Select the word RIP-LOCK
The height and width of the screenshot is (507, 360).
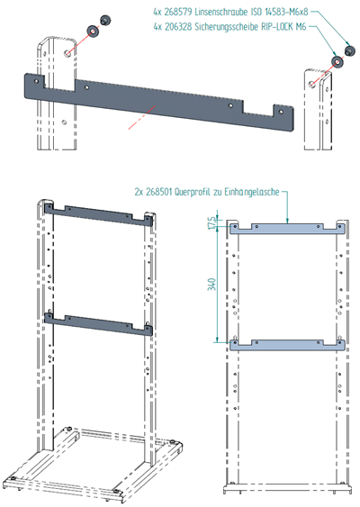pyautogui.click(x=277, y=27)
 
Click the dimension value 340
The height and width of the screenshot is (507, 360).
pyautogui.click(x=211, y=285)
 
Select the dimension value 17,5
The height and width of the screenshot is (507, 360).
pyautogui.click(x=212, y=223)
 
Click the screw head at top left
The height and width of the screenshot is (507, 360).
pyautogui.click(x=105, y=20)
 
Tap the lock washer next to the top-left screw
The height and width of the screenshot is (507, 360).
pyautogui.click(x=93, y=32)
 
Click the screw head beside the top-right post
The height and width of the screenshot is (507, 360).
pyautogui.click(x=350, y=50)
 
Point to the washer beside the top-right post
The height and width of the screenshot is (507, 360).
pyautogui.click(x=337, y=61)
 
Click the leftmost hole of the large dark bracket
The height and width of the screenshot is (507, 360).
pyautogui.click(x=37, y=80)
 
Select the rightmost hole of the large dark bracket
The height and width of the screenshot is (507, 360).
pyautogui.click(x=281, y=112)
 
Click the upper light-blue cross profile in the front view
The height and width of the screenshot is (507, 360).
pyautogui.click(x=287, y=230)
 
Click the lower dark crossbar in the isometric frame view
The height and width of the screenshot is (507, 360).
pyautogui.click(x=98, y=325)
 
